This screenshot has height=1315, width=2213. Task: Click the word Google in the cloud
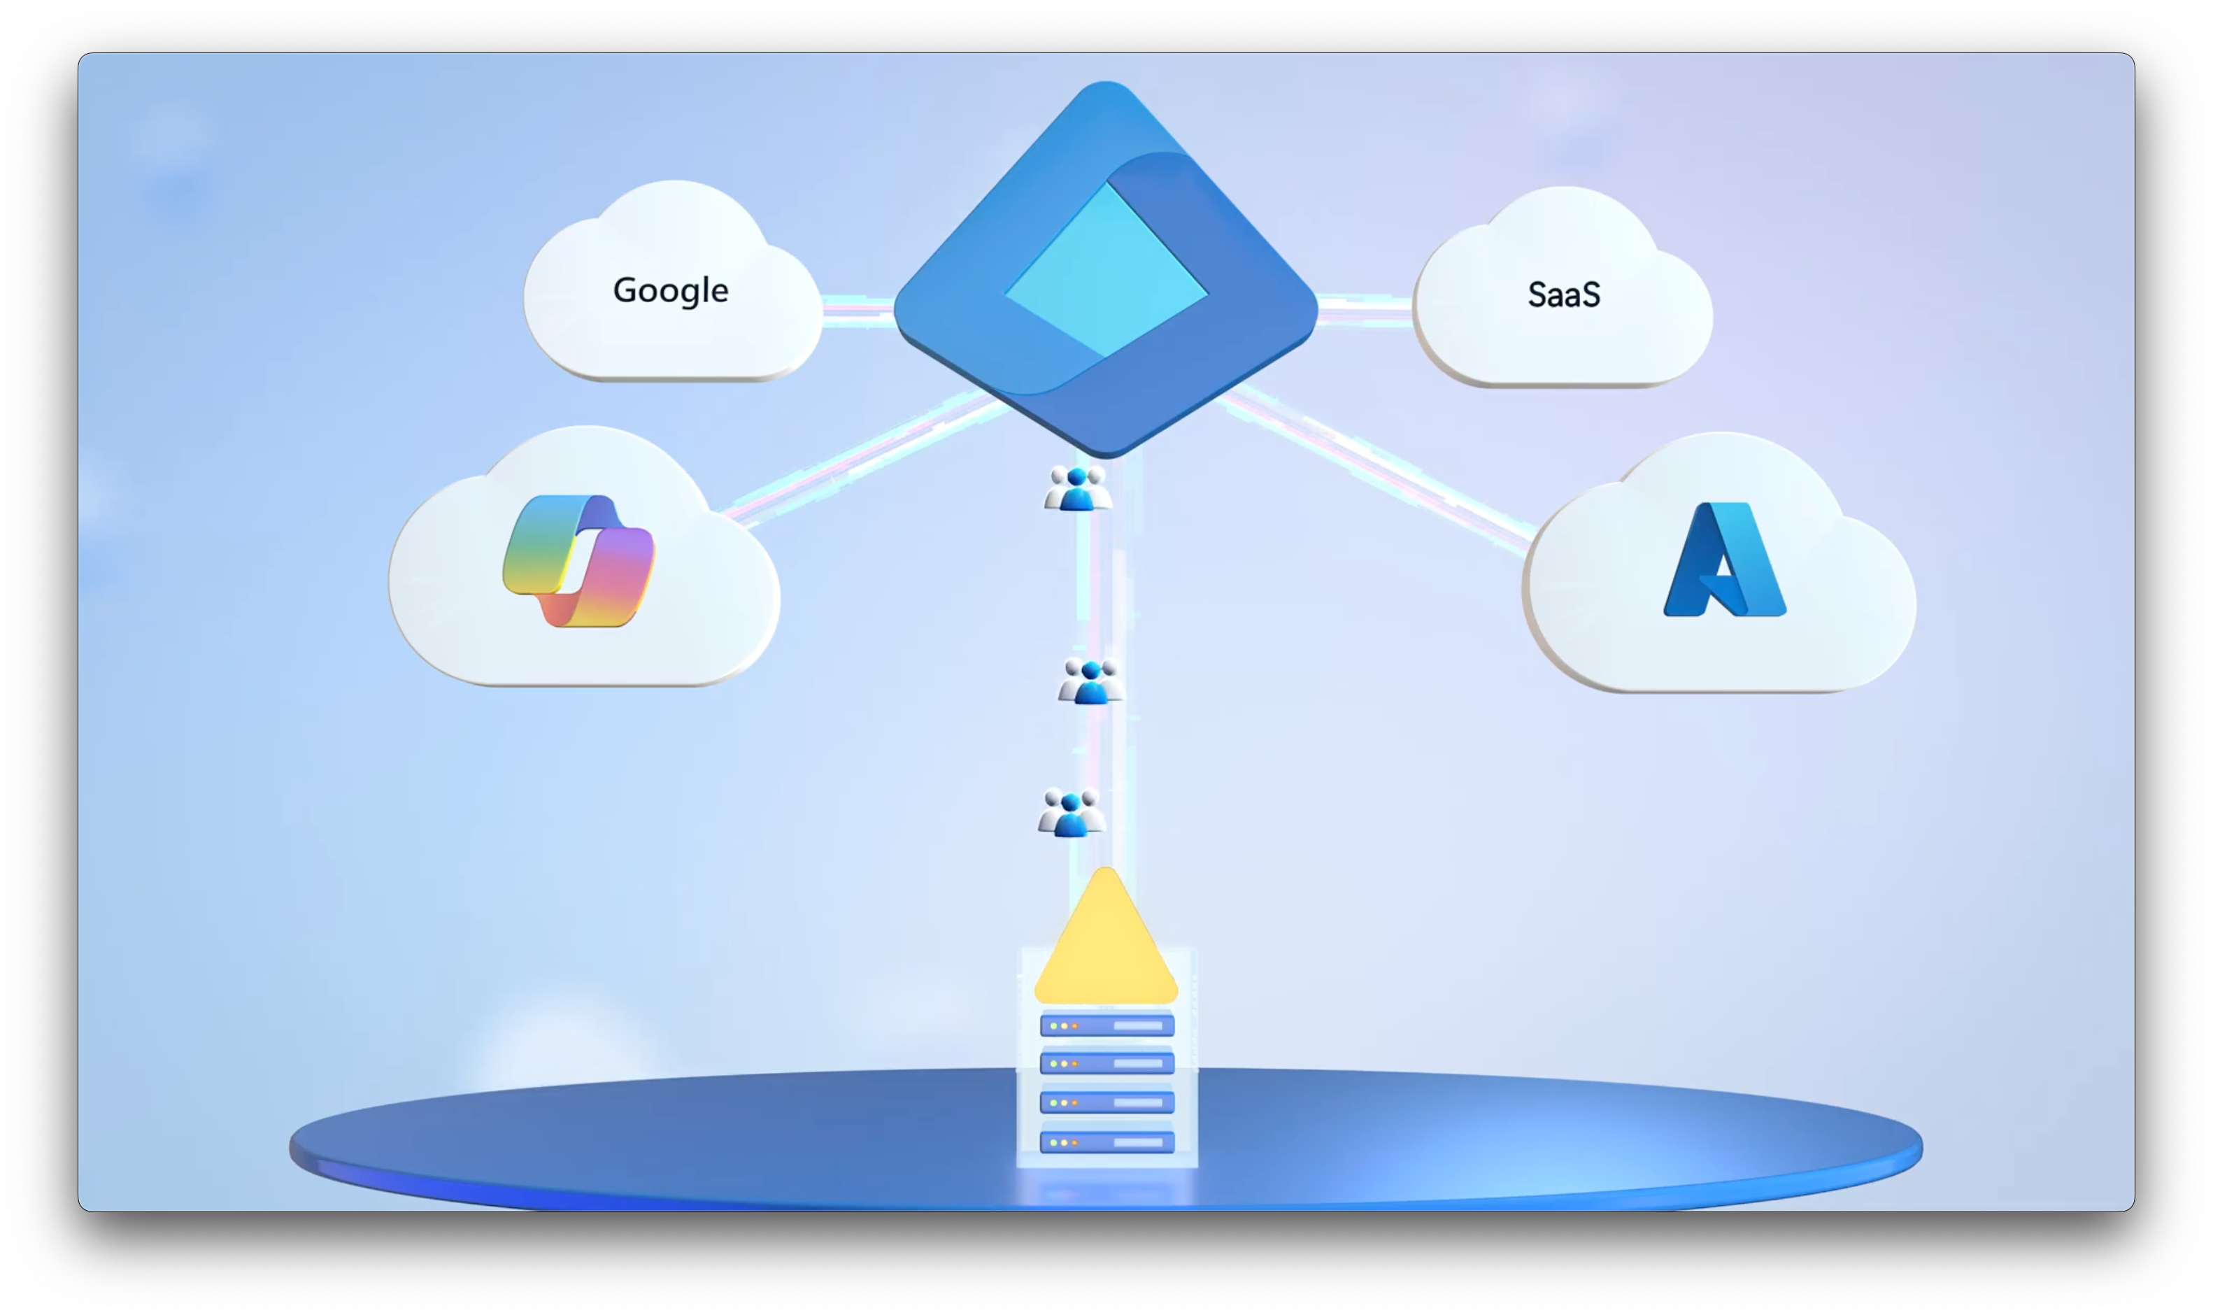coord(671,291)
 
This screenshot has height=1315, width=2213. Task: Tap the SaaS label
coord(1564,294)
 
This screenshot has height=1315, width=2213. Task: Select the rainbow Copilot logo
coord(578,561)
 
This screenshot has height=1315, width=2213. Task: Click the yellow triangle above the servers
coord(1106,936)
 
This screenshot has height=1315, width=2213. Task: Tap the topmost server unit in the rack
coord(1106,1025)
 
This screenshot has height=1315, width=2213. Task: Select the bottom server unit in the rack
coord(1106,1142)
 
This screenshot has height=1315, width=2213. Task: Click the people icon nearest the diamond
coord(1077,488)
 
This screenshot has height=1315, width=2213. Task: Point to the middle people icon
coord(1090,681)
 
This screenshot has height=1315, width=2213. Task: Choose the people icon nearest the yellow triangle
coord(1071,811)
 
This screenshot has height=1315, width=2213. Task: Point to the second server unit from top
coord(1106,1062)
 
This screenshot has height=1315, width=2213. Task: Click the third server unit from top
coord(1106,1102)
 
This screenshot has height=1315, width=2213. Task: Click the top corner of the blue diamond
coord(1106,82)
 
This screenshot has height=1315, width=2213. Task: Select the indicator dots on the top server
coord(1063,1025)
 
